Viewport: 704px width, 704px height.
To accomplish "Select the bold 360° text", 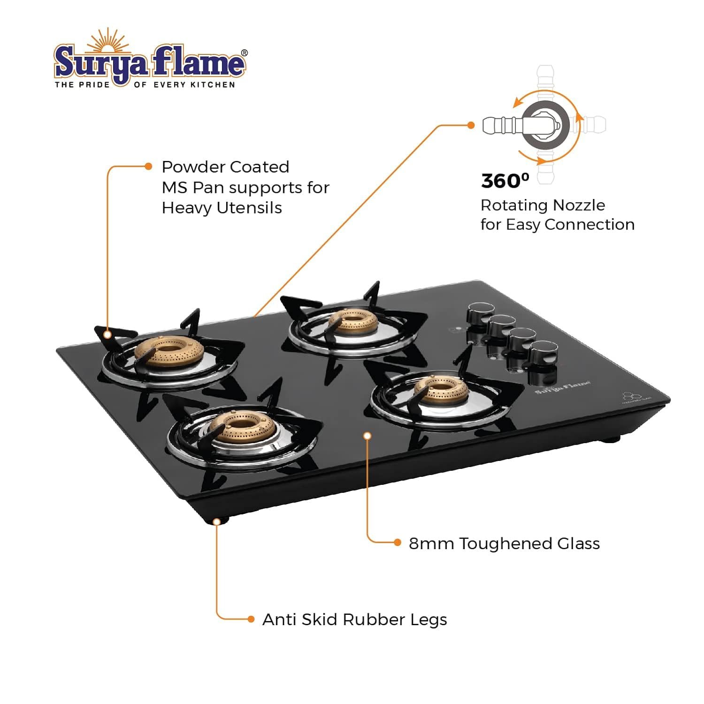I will (505, 181).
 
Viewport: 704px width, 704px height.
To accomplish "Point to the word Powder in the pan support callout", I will (192, 167).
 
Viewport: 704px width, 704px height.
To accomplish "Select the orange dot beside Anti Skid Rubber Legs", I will (251, 620).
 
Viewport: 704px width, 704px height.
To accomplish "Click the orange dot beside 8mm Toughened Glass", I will (398, 543).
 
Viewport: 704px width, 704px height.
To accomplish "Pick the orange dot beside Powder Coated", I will (148, 166).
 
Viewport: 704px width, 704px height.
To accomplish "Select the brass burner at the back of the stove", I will (353, 321).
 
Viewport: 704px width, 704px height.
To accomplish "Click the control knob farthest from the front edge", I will (481, 313).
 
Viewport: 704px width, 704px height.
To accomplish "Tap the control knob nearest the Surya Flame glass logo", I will (543, 352).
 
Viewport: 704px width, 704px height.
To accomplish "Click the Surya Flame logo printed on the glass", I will (562, 388).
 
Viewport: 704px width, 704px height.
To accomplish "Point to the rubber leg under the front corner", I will (216, 520).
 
